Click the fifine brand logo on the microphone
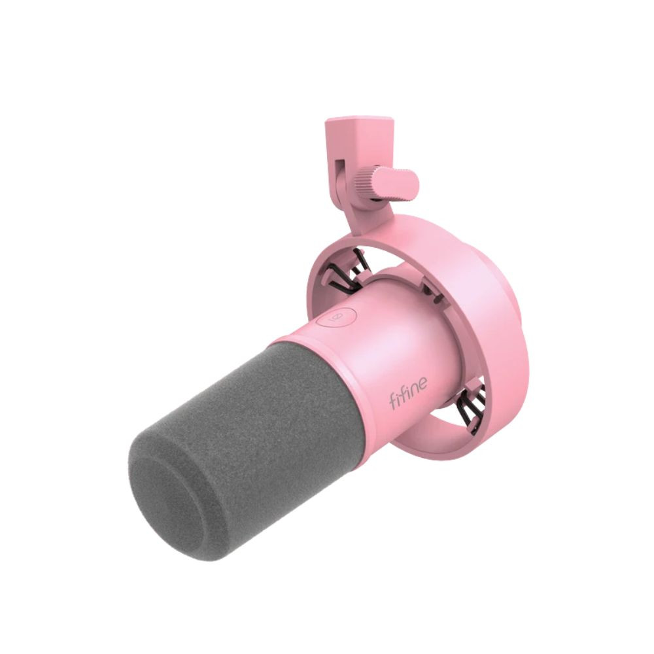408,392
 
